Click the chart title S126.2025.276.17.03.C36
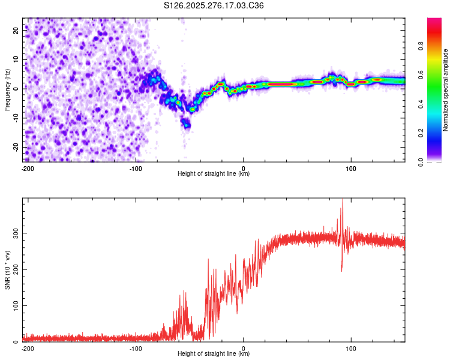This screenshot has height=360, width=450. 214,6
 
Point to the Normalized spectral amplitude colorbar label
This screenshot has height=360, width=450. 446,90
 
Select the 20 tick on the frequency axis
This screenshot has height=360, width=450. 16,29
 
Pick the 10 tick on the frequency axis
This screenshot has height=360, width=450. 16,59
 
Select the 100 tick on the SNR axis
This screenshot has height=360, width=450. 13,305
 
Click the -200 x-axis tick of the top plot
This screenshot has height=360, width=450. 28,169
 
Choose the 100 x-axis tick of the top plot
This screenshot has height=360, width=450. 351,169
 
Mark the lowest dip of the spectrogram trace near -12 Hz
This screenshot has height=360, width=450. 186,125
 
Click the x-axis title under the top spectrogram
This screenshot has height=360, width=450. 214,174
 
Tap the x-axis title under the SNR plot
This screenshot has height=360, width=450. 214,354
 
